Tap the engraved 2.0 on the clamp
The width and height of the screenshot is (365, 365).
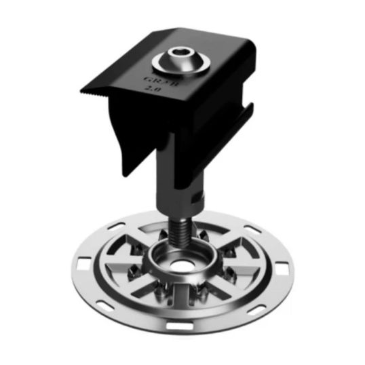coord(153,89)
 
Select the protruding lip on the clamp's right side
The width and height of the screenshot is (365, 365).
coord(248,115)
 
